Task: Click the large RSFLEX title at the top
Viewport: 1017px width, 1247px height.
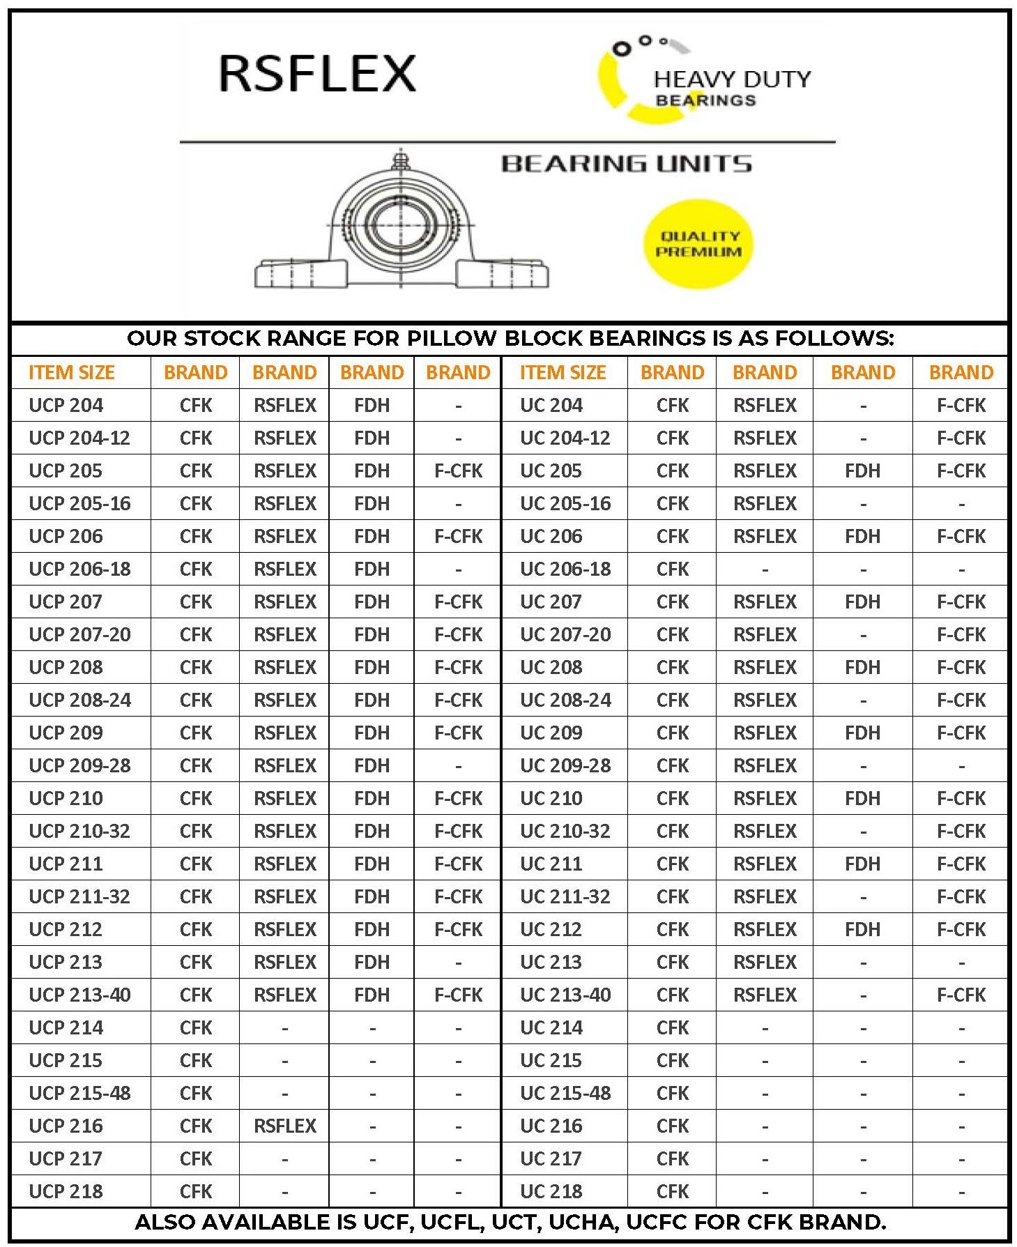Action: click(317, 73)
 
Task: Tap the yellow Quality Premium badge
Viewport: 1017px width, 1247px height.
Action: click(698, 244)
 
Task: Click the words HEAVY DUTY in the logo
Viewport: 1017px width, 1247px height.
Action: click(732, 79)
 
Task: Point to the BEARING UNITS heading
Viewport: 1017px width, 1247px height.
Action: click(626, 164)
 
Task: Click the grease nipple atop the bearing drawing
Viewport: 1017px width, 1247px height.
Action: click(400, 160)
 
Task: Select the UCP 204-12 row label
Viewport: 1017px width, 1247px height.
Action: click(79, 438)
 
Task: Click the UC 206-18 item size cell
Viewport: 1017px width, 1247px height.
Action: click(565, 569)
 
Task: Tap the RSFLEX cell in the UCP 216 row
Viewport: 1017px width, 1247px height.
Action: click(284, 1126)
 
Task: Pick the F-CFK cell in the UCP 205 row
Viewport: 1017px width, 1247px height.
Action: click(458, 471)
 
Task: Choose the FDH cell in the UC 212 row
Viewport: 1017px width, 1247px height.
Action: click(862, 929)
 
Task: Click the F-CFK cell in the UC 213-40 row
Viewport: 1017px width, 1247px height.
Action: click(961, 995)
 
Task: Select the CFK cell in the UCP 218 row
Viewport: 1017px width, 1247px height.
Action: click(196, 1191)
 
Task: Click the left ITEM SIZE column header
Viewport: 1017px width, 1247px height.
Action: click(72, 372)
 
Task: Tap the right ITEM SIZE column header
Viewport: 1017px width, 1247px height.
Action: click(563, 372)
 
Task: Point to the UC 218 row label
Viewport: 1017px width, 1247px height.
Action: click(551, 1191)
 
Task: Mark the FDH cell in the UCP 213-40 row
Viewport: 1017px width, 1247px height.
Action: click(372, 995)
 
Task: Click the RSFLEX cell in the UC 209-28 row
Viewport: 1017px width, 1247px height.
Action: click(764, 765)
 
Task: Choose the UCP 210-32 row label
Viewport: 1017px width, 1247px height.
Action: click(79, 831)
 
